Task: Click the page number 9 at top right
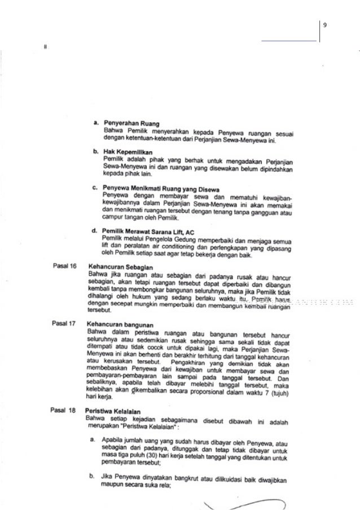click(x=324, y=24)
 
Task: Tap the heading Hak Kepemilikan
click(x=129, y=152)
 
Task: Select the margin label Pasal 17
click(x=64, y=324)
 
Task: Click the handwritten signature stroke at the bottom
click(x=248, y=504)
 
